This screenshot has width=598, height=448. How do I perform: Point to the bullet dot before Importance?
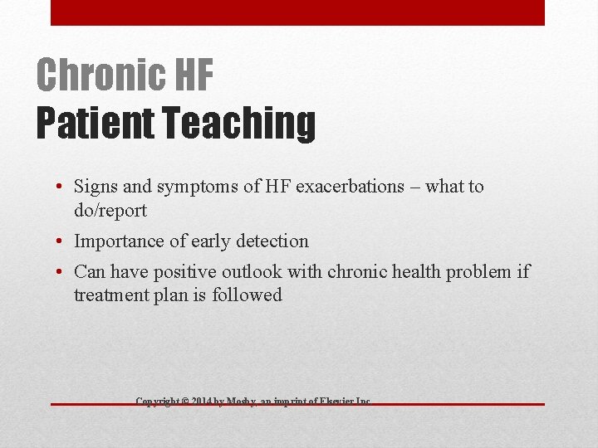click(x=62, y=242)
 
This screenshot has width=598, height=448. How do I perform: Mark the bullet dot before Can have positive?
click(x=62, y=272)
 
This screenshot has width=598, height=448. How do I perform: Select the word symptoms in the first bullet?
click(x=205, y=187)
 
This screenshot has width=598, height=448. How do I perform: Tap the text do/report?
click(x=110, y=211)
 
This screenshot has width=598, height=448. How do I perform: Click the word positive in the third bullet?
click(x=185, y=271)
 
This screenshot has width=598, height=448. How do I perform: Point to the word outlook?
click(x=254, y=271)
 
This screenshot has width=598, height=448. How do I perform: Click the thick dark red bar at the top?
click(x=297, y=12)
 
